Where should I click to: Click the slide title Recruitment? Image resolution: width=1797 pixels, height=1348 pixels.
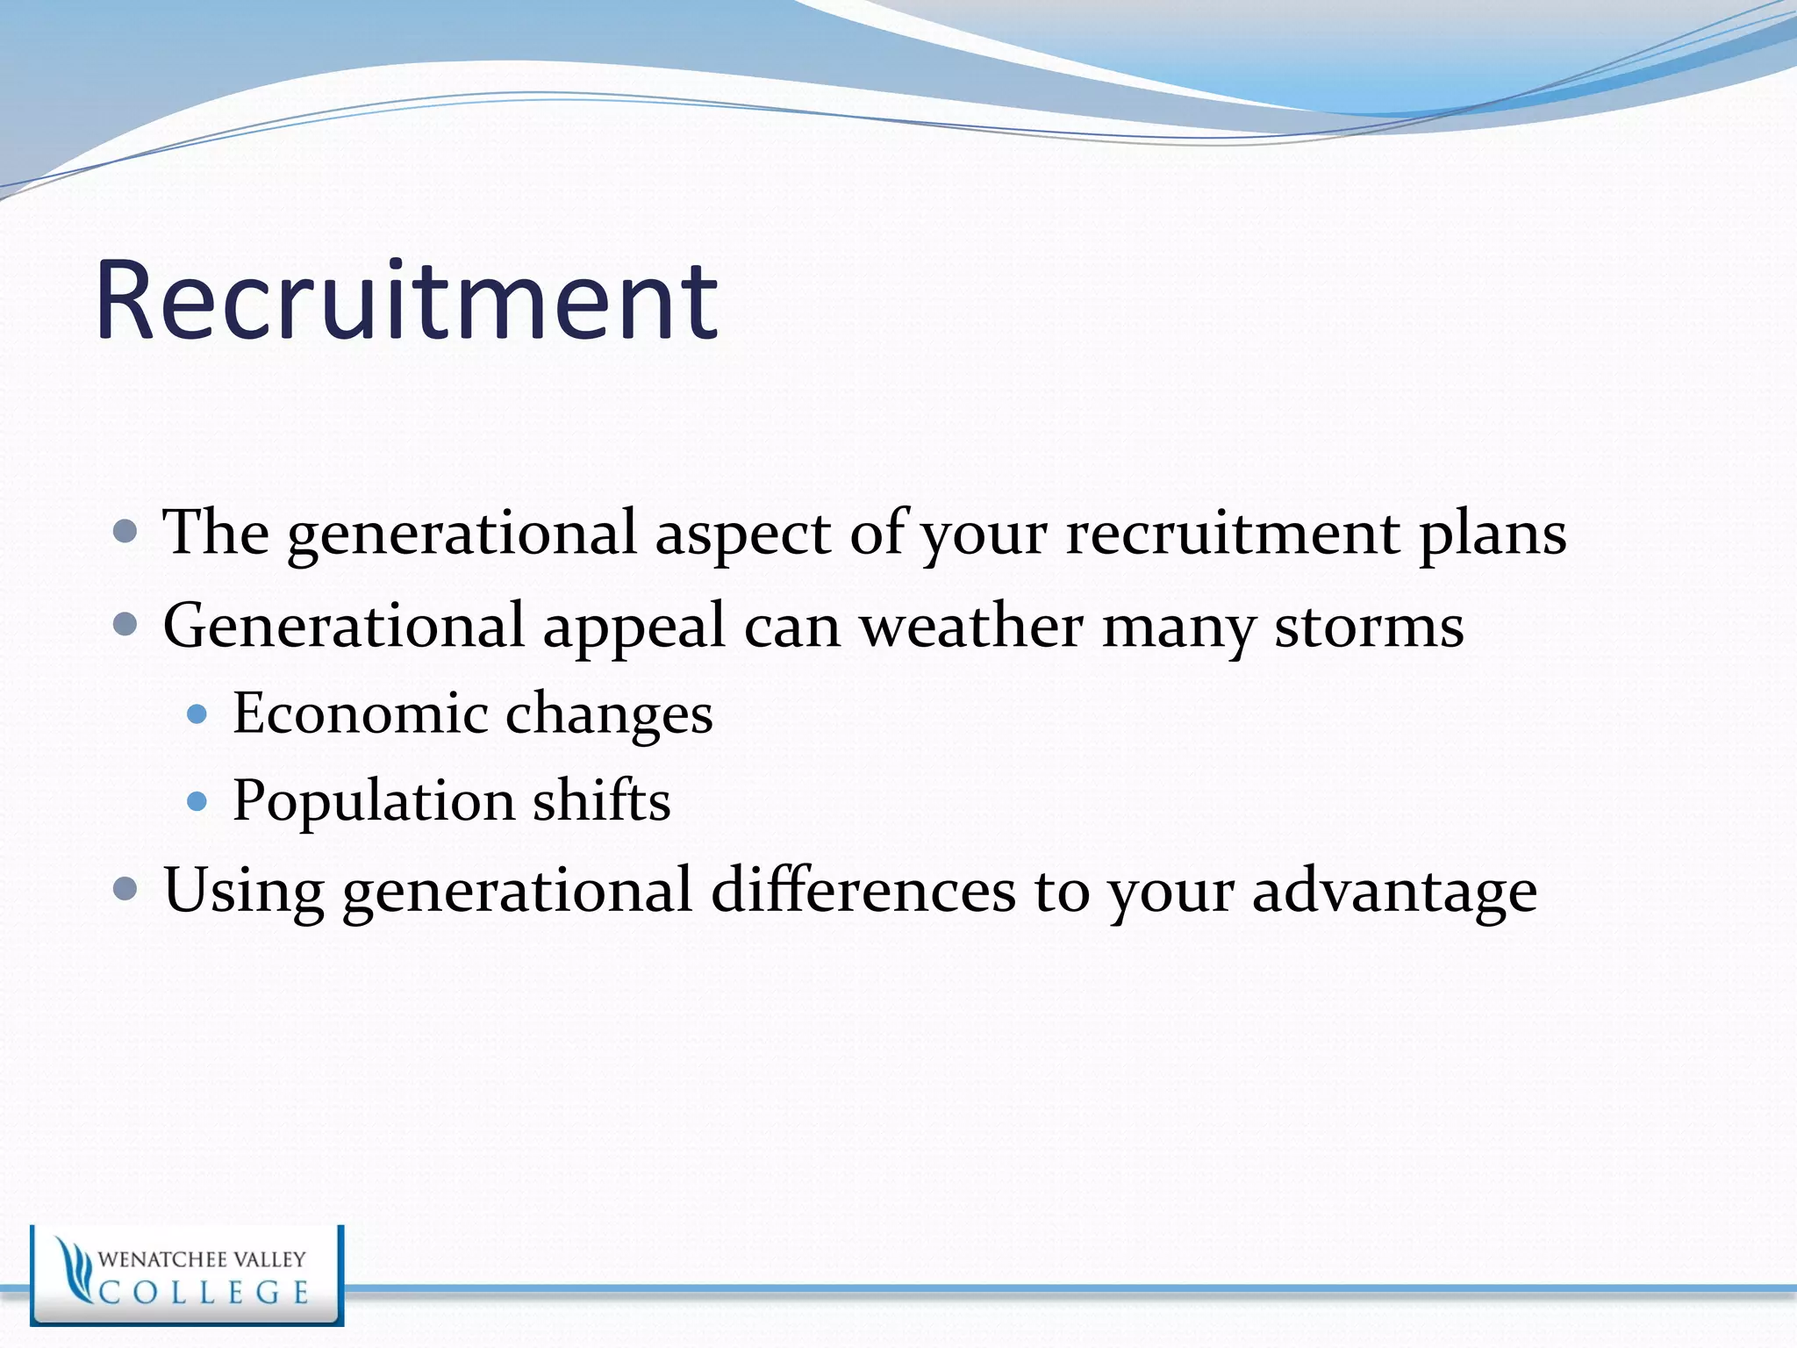[x=406, y=300]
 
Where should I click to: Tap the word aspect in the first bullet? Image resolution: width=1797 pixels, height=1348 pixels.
[x=742, y=533]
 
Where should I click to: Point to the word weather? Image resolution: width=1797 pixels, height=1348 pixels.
[x=971, y=627]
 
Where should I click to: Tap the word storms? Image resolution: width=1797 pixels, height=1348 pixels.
[x=1369, y=627]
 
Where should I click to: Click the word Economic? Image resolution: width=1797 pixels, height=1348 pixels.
[x=360, y=713]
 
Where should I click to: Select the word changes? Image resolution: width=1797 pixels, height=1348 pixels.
[x=609, y=714]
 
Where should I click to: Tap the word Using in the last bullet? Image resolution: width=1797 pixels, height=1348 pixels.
[x=243, y=891]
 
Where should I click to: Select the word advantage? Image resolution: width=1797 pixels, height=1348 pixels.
[x=1394, y=892]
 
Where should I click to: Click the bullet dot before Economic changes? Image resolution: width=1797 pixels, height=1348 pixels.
[x=197, y=713]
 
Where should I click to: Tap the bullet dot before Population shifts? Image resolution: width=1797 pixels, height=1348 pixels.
[x=197, y=801]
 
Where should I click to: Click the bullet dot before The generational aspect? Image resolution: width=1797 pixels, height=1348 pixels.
[x=126, y=531]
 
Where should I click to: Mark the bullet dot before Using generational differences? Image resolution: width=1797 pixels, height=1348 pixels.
[x=126, y=889]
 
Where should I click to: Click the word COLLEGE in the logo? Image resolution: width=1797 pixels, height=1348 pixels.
[x=204, y=1293]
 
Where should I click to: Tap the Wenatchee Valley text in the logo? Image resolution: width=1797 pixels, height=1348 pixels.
[x=202, y=1259]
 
